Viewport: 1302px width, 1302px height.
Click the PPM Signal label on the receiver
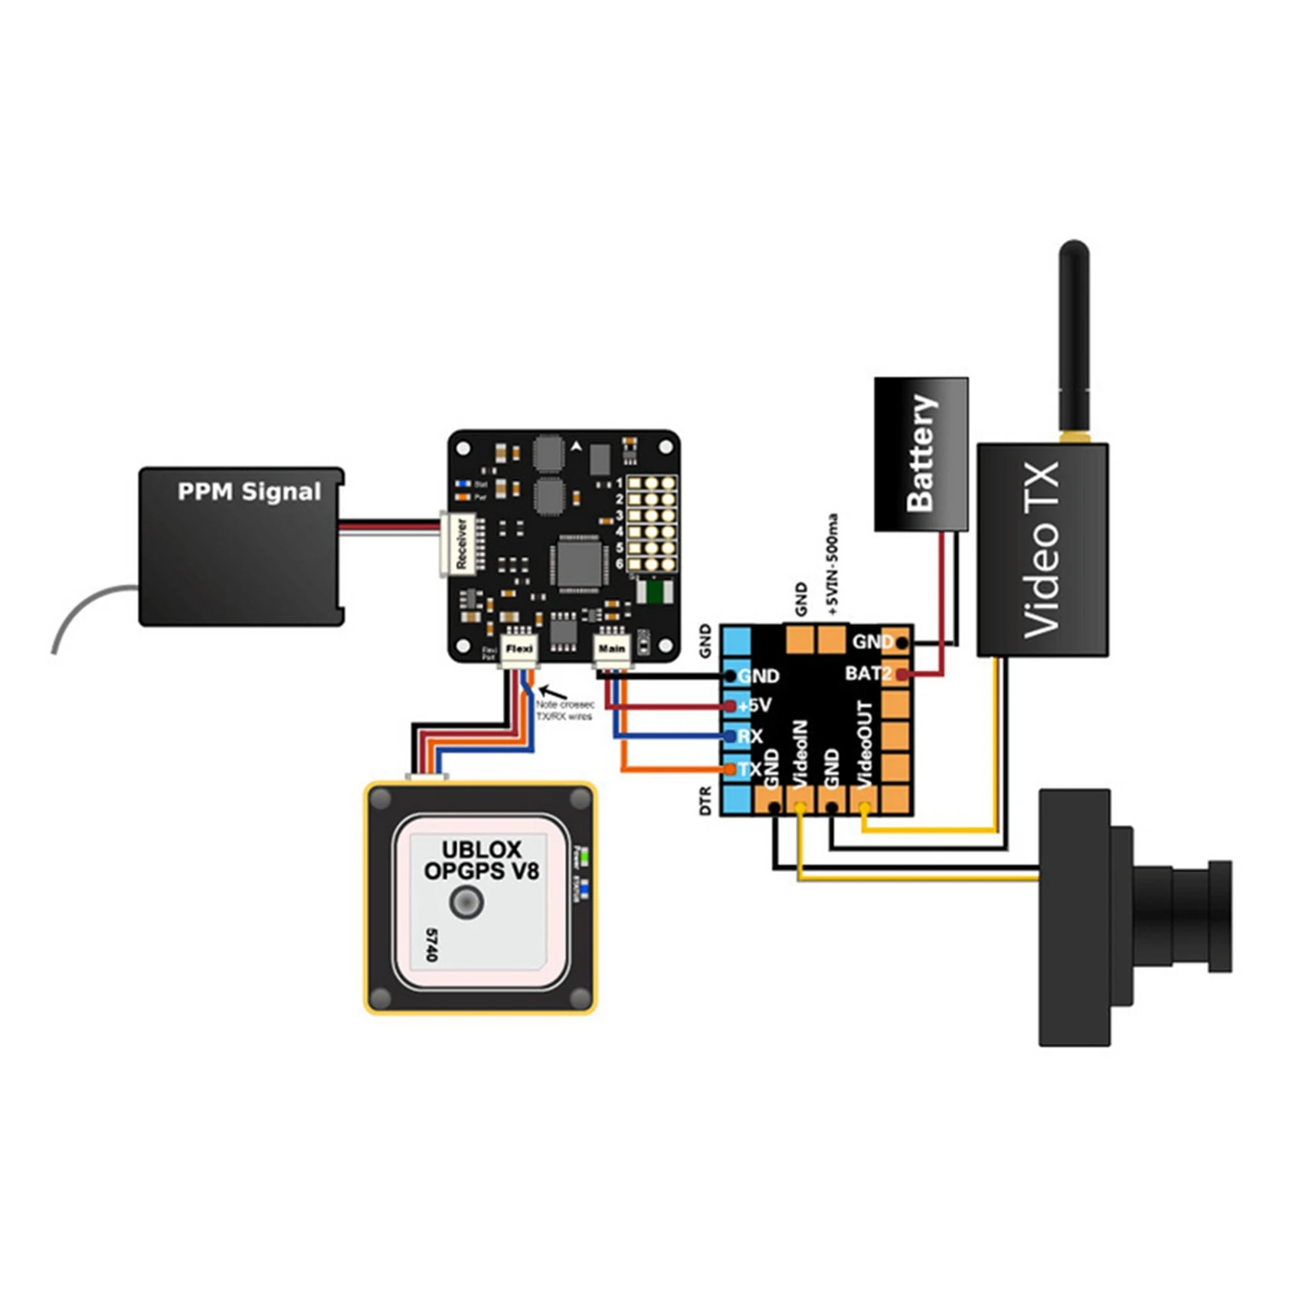tap(249, 492)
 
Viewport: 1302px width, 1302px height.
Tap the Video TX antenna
tap(1074, 337)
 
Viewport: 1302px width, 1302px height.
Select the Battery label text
tap(921, 453)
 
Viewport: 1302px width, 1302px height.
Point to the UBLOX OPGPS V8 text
tap(482, 860)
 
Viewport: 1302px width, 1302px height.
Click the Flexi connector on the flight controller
tap(519, 649)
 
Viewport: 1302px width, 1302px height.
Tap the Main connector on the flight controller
tap(611, 649)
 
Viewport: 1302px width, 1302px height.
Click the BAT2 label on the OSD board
tap(868, 674)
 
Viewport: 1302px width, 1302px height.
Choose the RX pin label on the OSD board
tap(750, 737)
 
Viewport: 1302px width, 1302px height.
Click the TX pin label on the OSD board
tap(750, 769)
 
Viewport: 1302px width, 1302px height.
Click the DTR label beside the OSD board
tap(705, 800)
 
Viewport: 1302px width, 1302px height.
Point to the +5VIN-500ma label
tap(833, 565)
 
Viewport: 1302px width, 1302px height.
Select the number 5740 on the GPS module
tap(430, 944)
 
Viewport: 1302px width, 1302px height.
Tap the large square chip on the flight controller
tap(579, 564)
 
